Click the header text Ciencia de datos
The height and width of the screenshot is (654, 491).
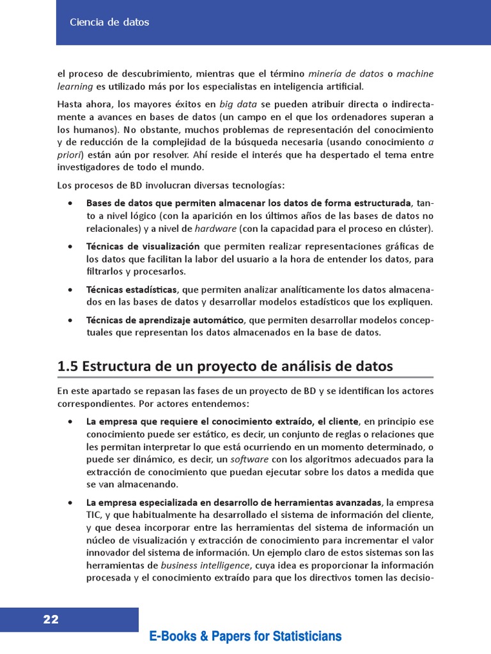109,22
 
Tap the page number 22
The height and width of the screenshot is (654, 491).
51,619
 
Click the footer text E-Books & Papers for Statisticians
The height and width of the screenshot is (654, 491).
245,636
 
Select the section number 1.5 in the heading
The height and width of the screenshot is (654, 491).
67,367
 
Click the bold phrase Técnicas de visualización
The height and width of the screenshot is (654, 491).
143,247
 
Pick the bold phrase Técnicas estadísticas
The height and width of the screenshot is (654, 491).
132,289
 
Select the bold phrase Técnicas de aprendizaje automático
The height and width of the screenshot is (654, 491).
165,319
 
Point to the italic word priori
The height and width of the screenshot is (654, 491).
70,155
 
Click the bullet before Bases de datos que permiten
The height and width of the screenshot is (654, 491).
70,204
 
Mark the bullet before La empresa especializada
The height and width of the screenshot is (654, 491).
70,503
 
